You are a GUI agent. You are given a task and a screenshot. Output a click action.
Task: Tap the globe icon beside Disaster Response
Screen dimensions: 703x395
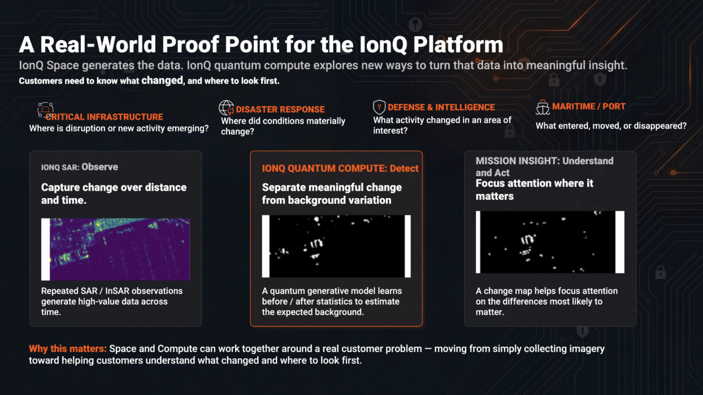pyautogui.click(x=226, y=108)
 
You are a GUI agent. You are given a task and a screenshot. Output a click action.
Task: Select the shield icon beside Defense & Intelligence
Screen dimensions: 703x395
pyautogui.click(x=379, y=107)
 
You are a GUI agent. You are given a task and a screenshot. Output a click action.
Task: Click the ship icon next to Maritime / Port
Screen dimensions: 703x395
pyautogui.click(x=543, y=107)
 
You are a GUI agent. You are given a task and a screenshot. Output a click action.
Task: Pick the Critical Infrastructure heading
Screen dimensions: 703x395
pyautogui.click(x=104, y=117)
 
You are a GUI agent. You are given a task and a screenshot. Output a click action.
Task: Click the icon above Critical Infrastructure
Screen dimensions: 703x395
pyautogui.click(x=46, y=110)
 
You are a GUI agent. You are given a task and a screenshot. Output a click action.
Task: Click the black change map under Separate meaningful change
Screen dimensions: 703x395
pyautogui.click(x=337, y=246)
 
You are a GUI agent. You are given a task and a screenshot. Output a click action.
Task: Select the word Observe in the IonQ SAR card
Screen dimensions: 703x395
pyautogui.click(x=100, y=167)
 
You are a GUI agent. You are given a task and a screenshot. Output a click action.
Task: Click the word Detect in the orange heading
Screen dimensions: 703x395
pyautogui.click(x=404, y=168)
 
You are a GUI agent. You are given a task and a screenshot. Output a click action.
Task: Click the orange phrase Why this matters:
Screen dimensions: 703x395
pyautogui.click(x=68, y=349)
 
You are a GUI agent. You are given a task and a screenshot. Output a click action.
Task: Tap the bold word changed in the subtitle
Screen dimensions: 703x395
pyautogui.click(x=162, y=81)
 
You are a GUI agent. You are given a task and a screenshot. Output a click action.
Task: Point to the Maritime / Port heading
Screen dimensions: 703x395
pyautogui.click(x=589, y=107)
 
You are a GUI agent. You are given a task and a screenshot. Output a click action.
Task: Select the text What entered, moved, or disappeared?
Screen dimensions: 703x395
pyautogui.click(x=611, y=126)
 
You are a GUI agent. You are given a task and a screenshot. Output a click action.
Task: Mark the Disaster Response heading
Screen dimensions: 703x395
pyautogui.click(x=280, y=109)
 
